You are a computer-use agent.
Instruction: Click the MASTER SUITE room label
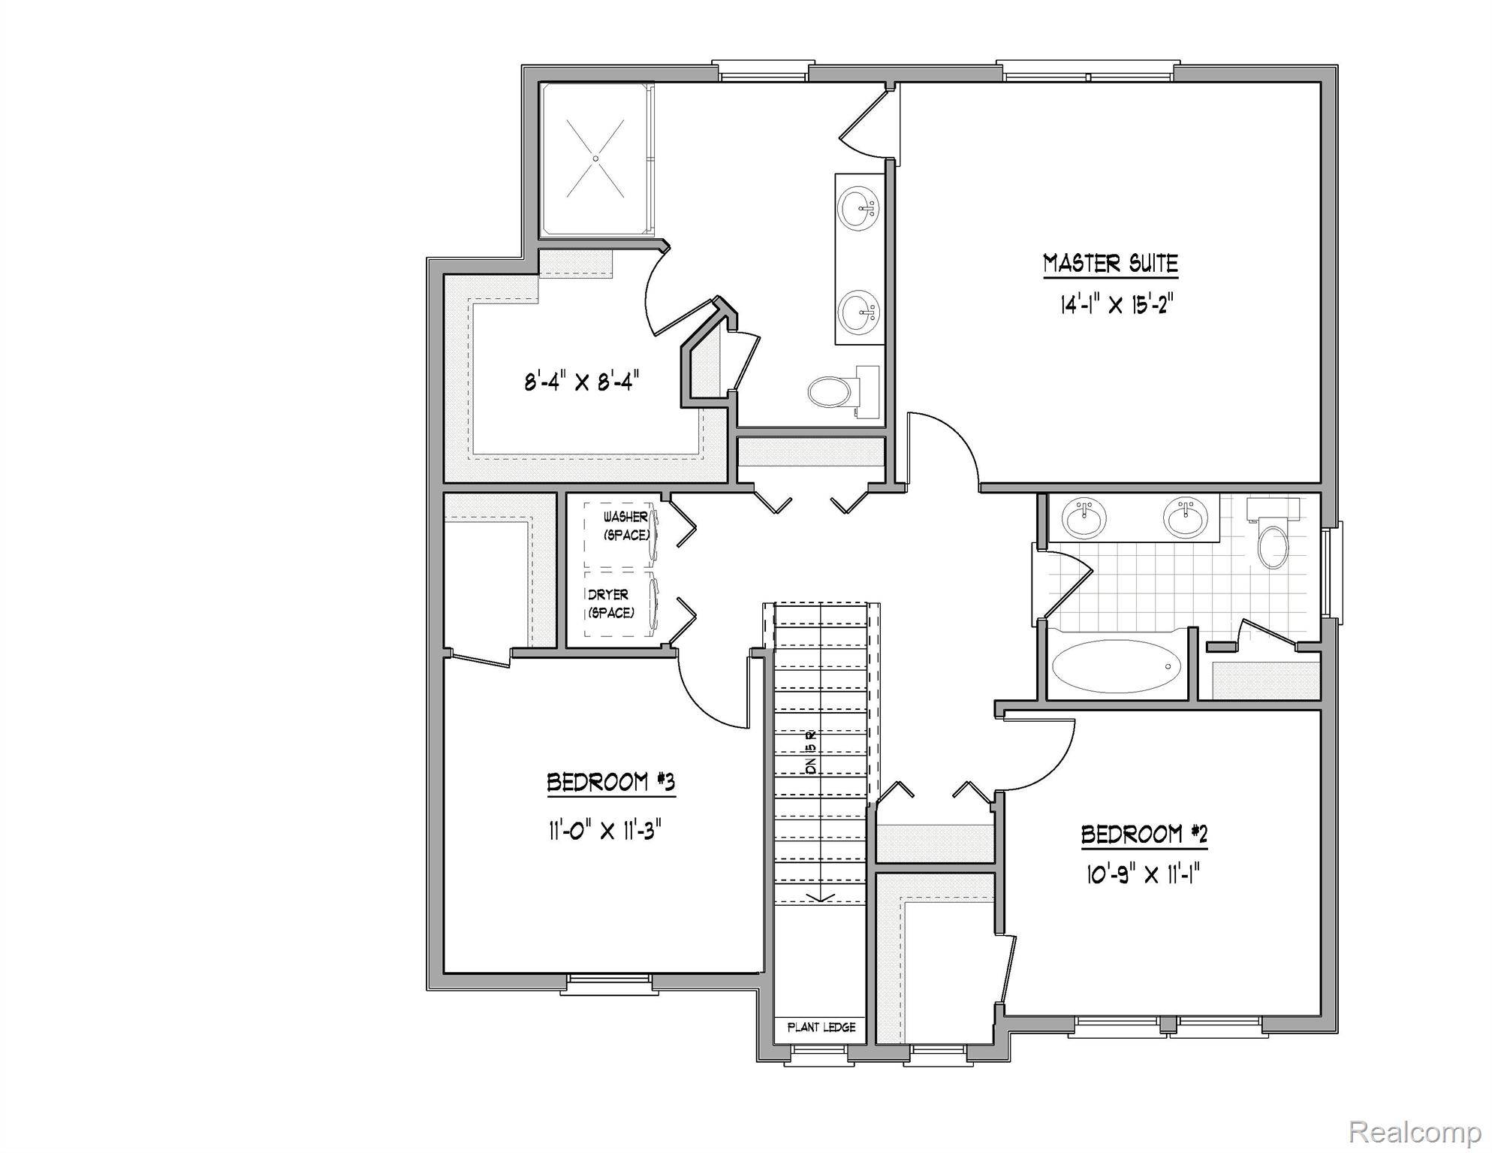point(1111,264)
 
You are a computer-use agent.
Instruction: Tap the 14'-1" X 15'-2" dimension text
point(1116,305)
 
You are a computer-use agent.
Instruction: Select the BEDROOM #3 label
point(610,783)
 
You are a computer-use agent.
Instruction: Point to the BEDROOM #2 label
point(1144,835)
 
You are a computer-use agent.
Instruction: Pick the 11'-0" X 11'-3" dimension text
point(604,832)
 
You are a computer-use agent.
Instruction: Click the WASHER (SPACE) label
point(626,526)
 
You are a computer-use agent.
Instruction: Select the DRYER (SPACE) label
point(610,603)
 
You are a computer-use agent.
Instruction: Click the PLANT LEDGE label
point(821,1027)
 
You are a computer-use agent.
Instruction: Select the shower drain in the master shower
point(595,158)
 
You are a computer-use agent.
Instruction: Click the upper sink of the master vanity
point(858,208)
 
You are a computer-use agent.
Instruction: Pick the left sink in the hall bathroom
point(1084,519)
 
